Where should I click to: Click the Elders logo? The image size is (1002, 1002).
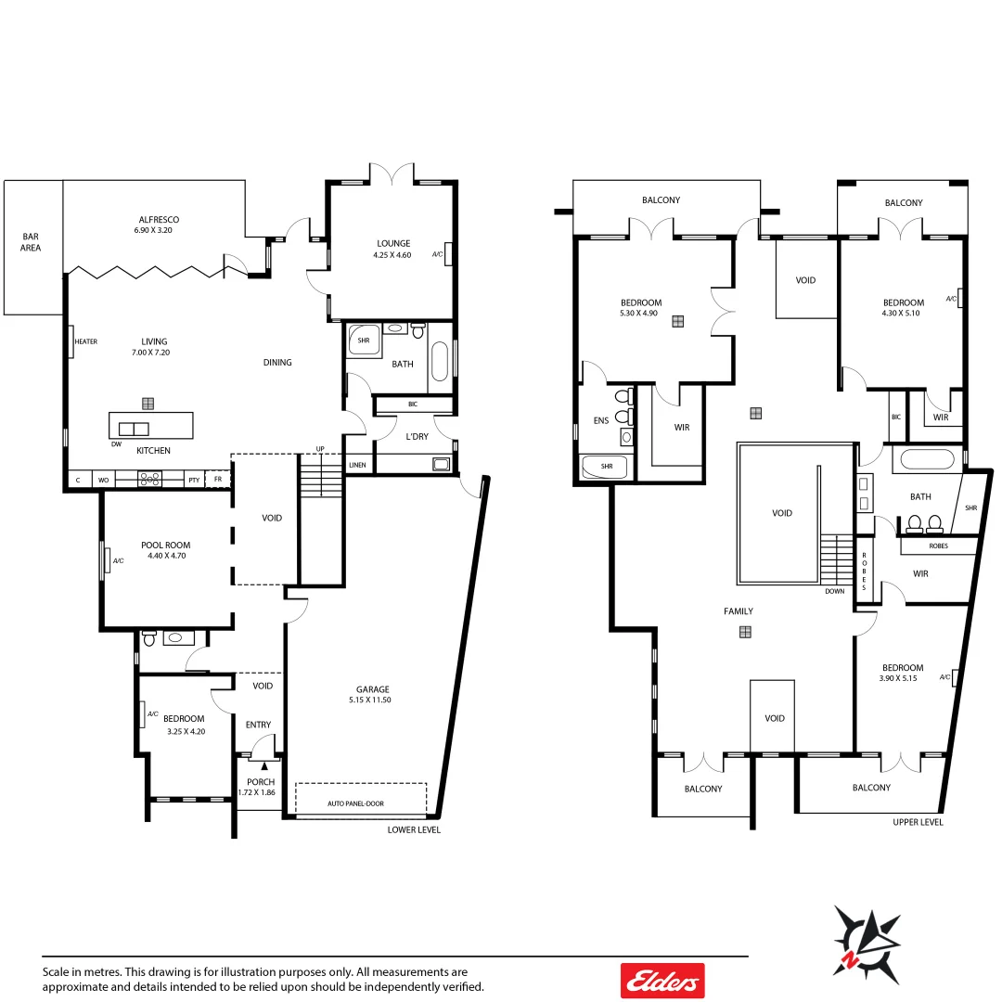pos(662,980)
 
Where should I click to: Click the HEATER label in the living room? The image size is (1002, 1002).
pos(86,341)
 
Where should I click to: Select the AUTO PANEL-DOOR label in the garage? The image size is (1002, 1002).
pos(355,803)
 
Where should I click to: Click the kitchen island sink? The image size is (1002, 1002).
pos(133,429)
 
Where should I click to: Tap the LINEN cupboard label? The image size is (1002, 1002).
pos(357,465)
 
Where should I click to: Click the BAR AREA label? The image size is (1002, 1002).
pos(31,242)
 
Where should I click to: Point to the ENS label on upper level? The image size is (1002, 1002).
pos(600,420)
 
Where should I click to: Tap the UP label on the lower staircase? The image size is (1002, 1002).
pos(321,449)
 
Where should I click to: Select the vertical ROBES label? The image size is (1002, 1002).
pos(864,572)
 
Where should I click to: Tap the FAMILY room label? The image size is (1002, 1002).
pos(739,611)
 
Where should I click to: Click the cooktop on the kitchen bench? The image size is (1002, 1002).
pos(150,479)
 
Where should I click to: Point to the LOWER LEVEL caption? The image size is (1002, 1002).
pos(414,829)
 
